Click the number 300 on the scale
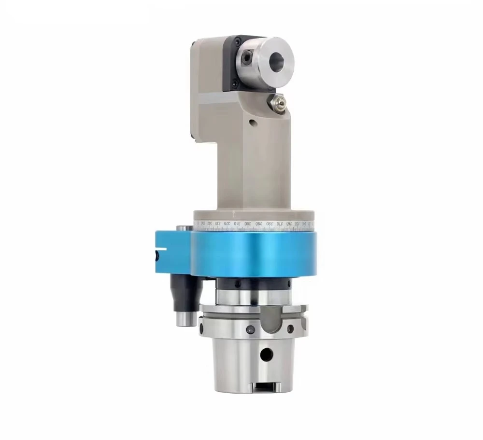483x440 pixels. click(247, 225)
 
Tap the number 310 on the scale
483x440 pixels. click(237, 225)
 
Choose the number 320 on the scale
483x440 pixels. click(227, 225)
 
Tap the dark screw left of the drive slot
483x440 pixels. click(249, 329)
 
